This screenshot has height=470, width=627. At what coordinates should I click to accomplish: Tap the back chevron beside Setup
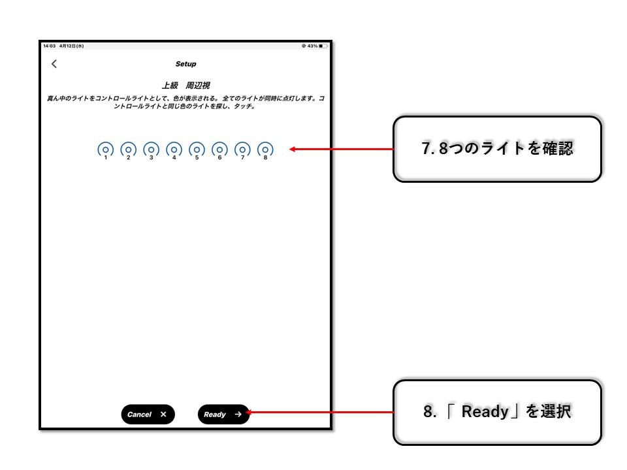pos(54,64)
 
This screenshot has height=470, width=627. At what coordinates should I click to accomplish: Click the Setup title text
pos(186,64)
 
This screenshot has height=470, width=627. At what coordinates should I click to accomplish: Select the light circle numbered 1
pos(106,150)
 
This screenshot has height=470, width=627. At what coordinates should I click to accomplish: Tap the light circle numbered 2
pos(129,150)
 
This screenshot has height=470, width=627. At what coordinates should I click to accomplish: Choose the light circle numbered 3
pos(151,150)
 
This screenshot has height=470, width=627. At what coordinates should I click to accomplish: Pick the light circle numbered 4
pos(174,150)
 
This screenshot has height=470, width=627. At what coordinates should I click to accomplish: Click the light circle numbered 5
pos(197,150)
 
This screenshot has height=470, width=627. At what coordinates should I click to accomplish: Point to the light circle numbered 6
pos(219,150)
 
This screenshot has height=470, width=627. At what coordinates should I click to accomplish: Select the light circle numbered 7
pos(242,150)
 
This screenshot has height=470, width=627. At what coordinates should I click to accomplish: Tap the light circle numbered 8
pos(265,150)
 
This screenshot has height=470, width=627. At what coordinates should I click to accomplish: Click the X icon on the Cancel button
pos(163,415)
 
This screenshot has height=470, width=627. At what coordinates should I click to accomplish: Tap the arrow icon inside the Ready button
pos(238,415)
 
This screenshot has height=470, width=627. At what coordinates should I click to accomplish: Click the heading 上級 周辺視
pos(186,86)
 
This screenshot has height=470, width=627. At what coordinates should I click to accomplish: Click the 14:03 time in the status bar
pos(49,46)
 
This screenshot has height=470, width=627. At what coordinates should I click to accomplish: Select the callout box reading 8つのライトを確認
pos(498,149)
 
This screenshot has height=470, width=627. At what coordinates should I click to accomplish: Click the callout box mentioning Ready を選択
pos(498,413)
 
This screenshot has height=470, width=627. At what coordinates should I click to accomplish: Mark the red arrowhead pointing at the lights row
pos(293,149)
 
